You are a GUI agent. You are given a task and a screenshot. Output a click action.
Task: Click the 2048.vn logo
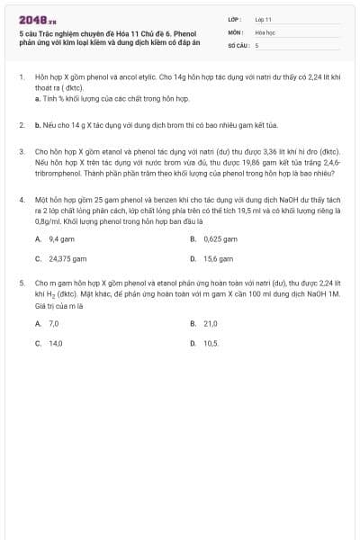[x=38, y=19]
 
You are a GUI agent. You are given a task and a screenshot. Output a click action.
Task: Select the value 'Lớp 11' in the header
[x=264, y=18]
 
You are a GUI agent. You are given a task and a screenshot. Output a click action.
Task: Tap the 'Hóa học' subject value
[x=265, y=31]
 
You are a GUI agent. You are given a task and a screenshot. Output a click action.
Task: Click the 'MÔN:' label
[x=234, y=31]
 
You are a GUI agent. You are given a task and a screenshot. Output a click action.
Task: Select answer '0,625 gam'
[x=220, y=239]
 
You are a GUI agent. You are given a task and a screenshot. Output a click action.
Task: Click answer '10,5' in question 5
[x=211, y=343]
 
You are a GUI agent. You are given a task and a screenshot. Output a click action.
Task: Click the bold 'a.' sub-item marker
[x=37, y=98]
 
